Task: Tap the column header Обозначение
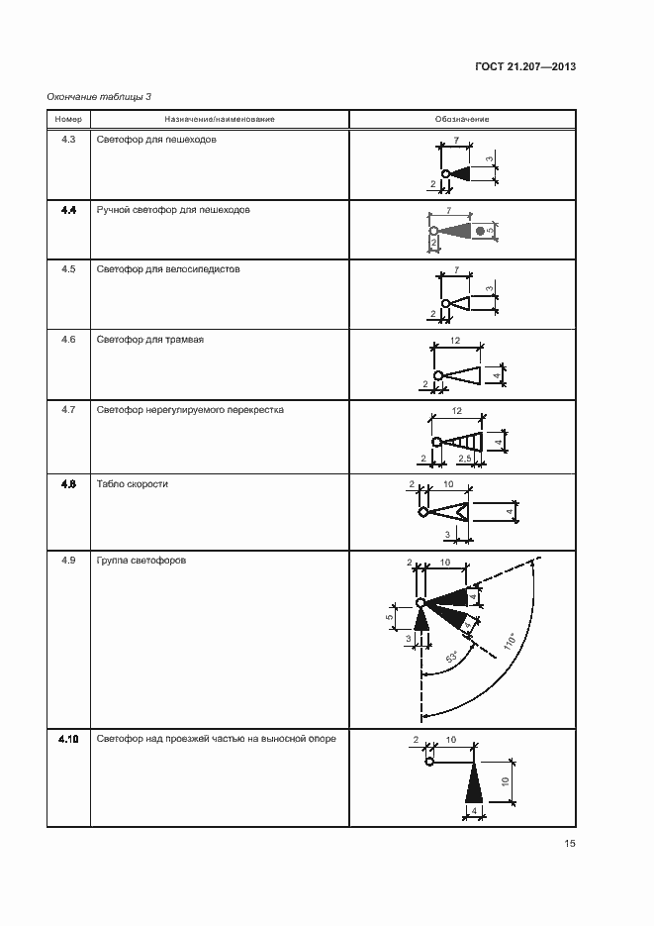[x=461, y=120]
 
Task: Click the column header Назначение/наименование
[x=219, y=120]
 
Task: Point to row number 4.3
[x=68, y=140]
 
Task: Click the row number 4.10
[x=68, y=739]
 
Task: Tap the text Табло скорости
[x=132, y=484]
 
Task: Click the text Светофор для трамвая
[x=150, y=340]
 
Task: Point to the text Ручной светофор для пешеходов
[x=173, y=210]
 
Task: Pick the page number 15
[x=569, y=844]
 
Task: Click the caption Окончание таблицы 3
[x=99, y=96]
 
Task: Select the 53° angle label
[x=452, y=656]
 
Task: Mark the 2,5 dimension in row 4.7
[x=463, y=459]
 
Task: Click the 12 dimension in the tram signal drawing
[x=454, y=340]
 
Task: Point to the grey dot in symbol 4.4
[x=479, y=231]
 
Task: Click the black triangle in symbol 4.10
[x=473, y=785]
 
